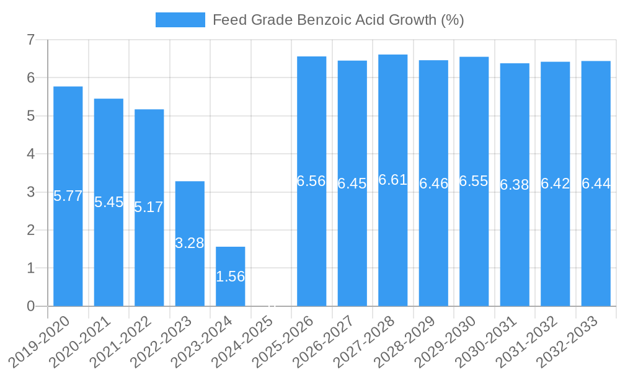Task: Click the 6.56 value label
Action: click(x=311, y=181)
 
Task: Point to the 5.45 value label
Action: click(x=109, y=202)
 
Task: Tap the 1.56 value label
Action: click(x=231, y=277)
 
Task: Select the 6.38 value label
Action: click(x=515, y=185)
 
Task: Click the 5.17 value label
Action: click(x=149, y=207)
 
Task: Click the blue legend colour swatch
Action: click(x=180, y=20)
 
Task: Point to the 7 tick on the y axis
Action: click(x=30, y=40)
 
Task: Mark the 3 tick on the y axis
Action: click(x=30, y=192)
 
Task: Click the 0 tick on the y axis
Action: click(x=30, y=306)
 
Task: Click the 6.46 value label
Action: click(x=433, y=184)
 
